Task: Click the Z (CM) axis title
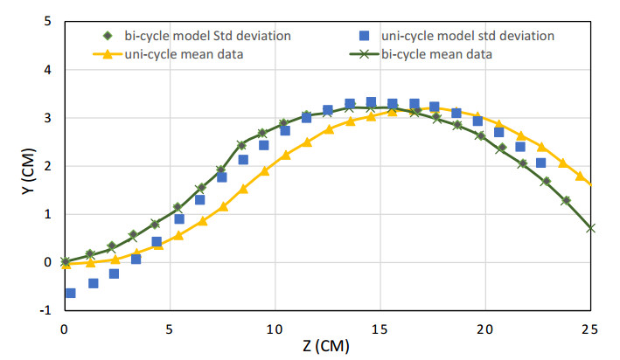327,345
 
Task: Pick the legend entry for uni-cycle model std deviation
468,36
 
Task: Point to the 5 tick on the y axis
46,21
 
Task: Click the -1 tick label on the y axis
45,310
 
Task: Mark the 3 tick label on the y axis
46,118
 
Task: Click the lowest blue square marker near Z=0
71,293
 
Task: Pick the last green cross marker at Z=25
591,227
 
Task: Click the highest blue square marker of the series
371,102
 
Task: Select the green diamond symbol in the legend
108,36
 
